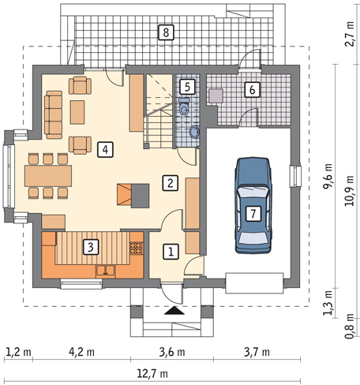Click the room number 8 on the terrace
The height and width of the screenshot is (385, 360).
[166, 32]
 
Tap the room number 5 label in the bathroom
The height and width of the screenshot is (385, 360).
[187, 87]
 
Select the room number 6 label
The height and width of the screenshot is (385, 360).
[252, 90]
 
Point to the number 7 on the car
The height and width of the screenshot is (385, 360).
[253, 213]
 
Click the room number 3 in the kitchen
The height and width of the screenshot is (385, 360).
[91, 247]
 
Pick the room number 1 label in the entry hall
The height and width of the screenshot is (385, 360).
[171, 252]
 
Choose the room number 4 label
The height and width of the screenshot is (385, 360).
[105, 150]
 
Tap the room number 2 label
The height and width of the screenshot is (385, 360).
[171, 183]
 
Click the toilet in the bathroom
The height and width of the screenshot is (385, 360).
[184, 107]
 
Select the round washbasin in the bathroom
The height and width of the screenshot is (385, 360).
[194, 132]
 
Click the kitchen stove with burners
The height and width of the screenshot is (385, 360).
[137, 248]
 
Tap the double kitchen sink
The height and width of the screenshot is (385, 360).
[106, 271]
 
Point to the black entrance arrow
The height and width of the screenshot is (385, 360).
[174, 311]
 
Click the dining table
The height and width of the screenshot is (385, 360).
[48, 176]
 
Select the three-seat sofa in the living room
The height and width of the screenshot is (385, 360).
[54, 114]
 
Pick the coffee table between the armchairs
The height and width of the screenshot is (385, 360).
[77, 112]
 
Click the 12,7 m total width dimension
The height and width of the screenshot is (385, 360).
[152, 373]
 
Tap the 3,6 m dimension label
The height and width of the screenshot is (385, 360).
[172, 352]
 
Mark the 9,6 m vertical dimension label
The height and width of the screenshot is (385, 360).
[328, 176]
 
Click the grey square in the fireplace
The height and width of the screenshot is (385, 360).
[141, 196]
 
